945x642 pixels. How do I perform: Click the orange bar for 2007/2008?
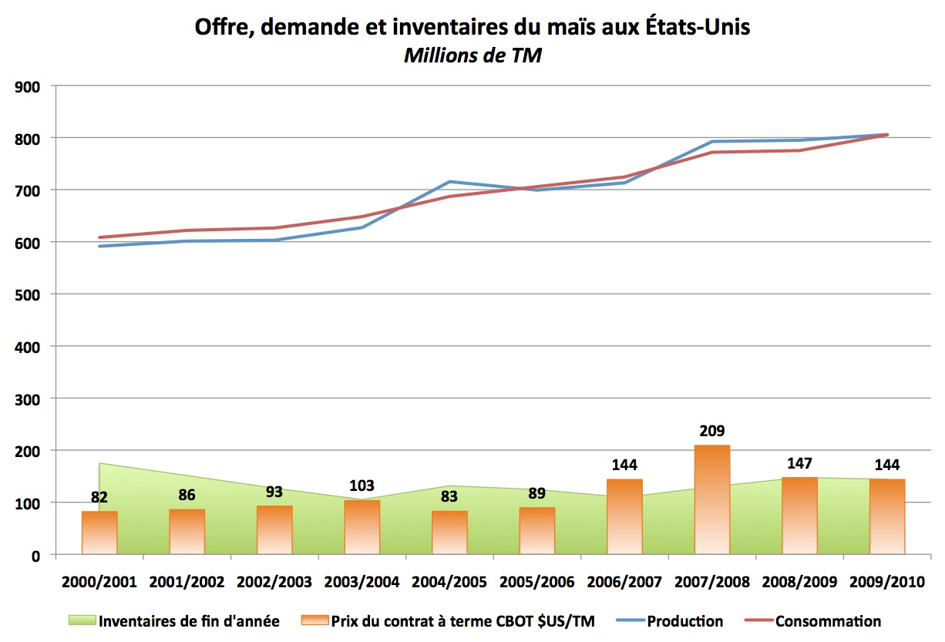711,499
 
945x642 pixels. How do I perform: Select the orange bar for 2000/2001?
99,533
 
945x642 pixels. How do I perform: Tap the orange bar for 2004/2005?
449,533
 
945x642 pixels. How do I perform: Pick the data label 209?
711,431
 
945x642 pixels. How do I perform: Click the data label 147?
799,464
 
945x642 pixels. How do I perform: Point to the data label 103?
362,486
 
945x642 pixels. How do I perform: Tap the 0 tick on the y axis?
35,555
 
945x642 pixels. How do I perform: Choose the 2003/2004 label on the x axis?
362,582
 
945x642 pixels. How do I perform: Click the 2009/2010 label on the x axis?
887,582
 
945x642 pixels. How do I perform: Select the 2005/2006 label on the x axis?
536,582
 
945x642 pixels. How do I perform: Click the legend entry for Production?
684,621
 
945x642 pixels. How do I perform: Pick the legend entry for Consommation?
828,621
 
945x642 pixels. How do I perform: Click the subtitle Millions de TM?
472,56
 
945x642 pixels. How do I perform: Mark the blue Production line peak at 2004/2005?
449,182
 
